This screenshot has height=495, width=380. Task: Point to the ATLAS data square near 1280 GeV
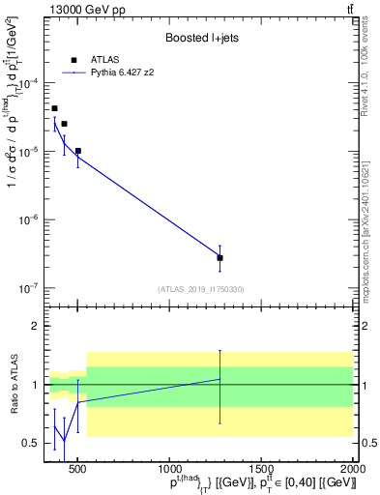pyautogui.click(x=220, y=258)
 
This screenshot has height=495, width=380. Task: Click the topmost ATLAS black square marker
pyautogui.click(x=54, y=108)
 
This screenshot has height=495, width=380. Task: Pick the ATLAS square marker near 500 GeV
pyautogui.click(x=78, y=151)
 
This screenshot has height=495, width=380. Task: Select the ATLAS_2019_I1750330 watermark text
pyautogui.click(x=201, y=288)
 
